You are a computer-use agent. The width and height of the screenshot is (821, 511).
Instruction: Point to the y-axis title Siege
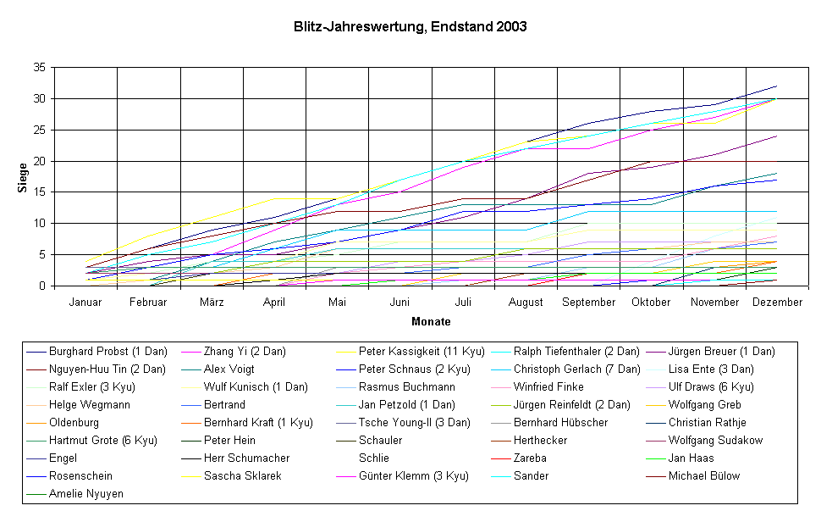pyautogui.click(x=23, y=176)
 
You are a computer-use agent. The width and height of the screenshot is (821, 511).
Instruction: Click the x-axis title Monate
pyautogui.click(x=431, y=322)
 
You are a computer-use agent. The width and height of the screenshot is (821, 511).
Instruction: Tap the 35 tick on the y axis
pyautogui.click(x=40, y=68)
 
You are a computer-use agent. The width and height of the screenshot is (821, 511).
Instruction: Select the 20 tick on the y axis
pyautogui.click(x=40, y=161)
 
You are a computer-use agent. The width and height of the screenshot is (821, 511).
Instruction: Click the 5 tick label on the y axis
pyautogui.click(x=42, y=255)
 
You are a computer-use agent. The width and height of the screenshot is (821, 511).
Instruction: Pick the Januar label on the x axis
pyautogui.click(x=85, y=303)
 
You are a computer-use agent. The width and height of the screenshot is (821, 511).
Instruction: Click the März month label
pyautogui.click(x=212, y=303)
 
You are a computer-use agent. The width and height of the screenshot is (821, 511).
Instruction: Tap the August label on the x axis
pyautogui.click(x=526, y=303)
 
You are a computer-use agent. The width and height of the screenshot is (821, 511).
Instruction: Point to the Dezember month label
pyautogui.click(x=778, y=303)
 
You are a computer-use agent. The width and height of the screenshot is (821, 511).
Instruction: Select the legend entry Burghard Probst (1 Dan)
pyautogui.click(x=108, y=351)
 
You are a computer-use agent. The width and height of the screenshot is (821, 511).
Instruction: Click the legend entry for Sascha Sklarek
pyautogui.click(x=243, y=475)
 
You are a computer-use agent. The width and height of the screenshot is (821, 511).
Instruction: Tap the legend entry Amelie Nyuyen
pyautogui.click(x=85, y=493)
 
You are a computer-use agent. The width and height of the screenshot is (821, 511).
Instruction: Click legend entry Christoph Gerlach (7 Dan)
pyautogui.click(x=573, y=369)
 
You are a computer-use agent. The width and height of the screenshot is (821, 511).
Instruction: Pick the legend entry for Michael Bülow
pyautogui.click(x=704, y=475)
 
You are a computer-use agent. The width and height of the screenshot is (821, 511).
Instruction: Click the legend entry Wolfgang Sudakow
pyautogui.click(x=715, y=440)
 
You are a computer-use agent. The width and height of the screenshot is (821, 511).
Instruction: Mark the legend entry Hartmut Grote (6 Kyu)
pyautogui.click(x=102, y=440)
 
